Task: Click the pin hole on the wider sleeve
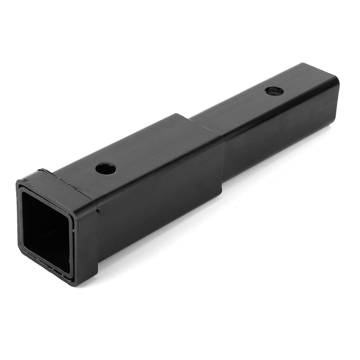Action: (x=105, y=169)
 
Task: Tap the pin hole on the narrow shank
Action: (x=274, y=91)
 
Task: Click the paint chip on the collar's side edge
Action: (x=99, y=211)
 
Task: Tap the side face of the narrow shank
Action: (x=281, y=141)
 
